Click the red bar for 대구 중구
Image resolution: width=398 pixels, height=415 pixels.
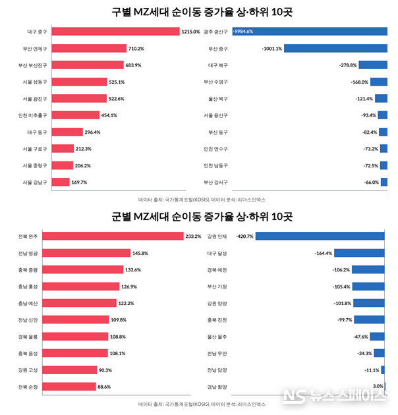point(115,31)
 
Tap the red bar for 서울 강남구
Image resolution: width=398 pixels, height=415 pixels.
point(60,182)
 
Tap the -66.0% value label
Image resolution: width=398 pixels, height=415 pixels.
point(372,182)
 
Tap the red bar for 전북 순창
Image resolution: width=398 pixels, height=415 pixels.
point(73,387)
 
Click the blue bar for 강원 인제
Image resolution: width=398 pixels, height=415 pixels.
point(320,236)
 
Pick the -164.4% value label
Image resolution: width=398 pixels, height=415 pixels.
point(323,252)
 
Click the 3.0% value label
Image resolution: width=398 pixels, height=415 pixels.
point(378,386)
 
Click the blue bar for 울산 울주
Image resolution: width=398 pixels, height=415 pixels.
point(377,336)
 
